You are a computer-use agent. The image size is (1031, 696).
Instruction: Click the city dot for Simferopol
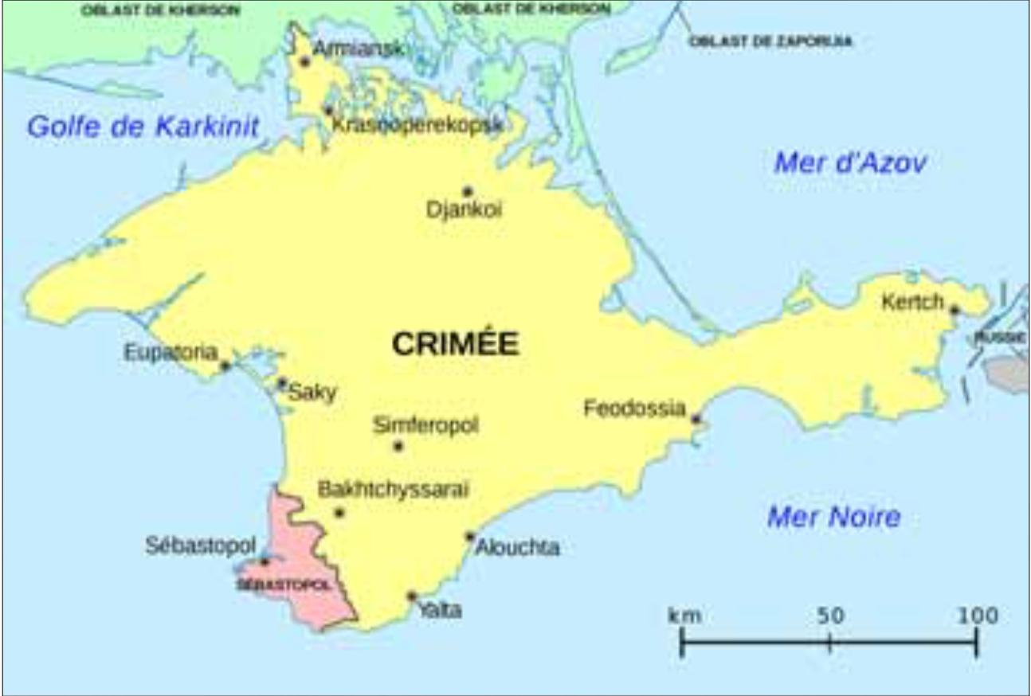398,446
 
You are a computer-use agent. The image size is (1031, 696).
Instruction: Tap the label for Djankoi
465,210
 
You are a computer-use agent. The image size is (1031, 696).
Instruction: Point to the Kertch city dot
955,310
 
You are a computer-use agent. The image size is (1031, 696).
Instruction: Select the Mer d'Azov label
850,164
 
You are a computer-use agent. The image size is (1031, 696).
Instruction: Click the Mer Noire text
833,518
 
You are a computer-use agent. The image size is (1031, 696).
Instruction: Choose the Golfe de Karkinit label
143,126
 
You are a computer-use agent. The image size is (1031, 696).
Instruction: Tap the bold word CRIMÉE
455,344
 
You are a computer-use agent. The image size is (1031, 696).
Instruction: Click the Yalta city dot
412,596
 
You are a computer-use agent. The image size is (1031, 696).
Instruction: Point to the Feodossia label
634,409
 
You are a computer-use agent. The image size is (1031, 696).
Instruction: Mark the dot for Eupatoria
225,366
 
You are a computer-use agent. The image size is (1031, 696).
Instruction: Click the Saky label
312,392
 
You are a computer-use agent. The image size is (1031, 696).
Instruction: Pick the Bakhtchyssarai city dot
339,512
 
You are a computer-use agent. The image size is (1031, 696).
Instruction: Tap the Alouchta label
518,548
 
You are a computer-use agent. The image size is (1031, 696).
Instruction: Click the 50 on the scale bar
829,616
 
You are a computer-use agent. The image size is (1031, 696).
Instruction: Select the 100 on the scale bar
977,616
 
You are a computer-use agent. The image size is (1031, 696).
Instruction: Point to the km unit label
684,616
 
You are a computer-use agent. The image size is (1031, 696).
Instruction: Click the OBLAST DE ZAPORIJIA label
770,41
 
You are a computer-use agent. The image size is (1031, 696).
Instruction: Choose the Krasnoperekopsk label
417,125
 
